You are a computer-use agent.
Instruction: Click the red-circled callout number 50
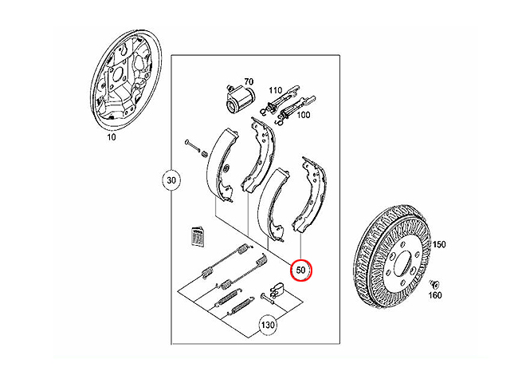click(301, 270)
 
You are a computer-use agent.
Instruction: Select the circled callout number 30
click(171, 180)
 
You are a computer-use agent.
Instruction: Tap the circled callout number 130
click(268, 325)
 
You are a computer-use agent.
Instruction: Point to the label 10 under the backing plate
click(112, 137)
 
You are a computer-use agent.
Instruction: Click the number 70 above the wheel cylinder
click(249, 81)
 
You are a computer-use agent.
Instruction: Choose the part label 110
click(275, 90)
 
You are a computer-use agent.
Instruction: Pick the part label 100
click(303, 115)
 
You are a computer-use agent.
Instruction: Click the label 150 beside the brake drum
click(439, 244)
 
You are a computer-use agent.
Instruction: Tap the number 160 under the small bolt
click(435, 295)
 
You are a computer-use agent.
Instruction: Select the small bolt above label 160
click(434, 284)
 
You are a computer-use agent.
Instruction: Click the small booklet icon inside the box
click(198, 236)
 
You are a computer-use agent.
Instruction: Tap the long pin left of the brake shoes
click(192, 145)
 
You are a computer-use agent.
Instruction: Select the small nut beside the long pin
click(205, 153)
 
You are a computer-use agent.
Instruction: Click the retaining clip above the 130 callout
click(277, 289)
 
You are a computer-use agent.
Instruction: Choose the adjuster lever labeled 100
click(296, 110)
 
